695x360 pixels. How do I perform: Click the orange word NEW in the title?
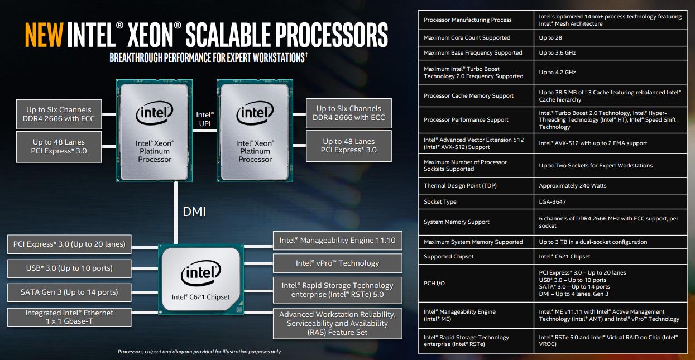point(44,35)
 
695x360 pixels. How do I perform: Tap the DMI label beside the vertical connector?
point(194,212)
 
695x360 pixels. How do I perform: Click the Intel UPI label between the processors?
point(205,119)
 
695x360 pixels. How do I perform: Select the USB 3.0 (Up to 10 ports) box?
point(70,268)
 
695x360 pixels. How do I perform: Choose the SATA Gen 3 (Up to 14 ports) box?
point(70,292)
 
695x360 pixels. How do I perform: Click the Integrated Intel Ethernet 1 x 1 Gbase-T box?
point(70,317)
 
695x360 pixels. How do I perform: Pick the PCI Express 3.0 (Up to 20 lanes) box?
point(70,244)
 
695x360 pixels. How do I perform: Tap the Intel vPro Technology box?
point(337,263)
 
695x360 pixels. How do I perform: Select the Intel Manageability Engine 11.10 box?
point(337,241)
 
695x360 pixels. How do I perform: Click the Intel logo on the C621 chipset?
point(201,275)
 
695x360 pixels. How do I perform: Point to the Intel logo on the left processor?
point(155,114)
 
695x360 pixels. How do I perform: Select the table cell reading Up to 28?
point(547,38)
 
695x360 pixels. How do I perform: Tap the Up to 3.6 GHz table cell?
point(557,53)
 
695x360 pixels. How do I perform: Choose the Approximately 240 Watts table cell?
point(572,186)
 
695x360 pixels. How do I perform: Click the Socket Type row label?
point(440,202)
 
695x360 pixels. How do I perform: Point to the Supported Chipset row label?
point(448,257)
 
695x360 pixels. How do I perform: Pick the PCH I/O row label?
point(434,284)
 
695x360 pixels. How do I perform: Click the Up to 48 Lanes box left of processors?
point(59,146)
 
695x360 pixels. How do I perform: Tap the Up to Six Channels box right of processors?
point(349,113)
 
